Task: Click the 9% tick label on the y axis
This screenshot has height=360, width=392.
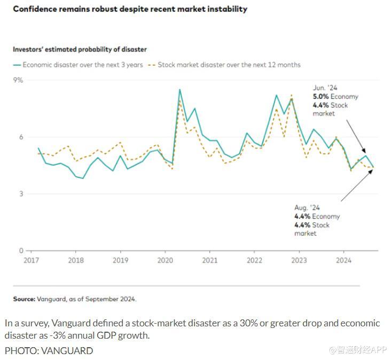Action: pyautogui.click(x=19, y=80)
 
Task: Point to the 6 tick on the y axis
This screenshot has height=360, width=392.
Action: pyautogui.click(x=21, y=137)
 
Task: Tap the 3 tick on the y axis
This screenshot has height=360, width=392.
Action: pyautogui.click(x=21, y=194)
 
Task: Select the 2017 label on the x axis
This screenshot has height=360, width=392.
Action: pyautogui.click(x=32, y=261)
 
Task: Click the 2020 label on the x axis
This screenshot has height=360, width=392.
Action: pyautogui.click(x=165, y=261)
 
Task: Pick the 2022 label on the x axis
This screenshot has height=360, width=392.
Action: pyautogui.click(x=254, y=261)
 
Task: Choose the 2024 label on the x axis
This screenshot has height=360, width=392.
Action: pyautogui.click(x=343, y=261)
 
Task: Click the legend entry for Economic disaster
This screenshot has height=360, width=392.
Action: pyautogui.click(x=78, y=65)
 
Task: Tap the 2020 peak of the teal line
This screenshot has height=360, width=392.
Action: pyautogui.click(x=179, y=89)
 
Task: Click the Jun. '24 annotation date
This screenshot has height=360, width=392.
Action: pyautogui.click(x=325, y=88)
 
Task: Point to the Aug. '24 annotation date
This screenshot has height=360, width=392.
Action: pyautogui.click(x=307, y=208)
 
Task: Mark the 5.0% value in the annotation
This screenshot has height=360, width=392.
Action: pyautogui.click(x=320, y=97)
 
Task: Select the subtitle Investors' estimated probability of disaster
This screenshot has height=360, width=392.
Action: pyautogui.click(x=80, y=49)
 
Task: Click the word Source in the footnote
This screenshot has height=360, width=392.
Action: pyautogui.click(x=24, y=299)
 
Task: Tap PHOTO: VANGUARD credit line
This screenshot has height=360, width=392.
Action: pyautogui.click(x=49, y=350)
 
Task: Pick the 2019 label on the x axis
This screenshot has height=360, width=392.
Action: pyautogui.click(x=121, y=261)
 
